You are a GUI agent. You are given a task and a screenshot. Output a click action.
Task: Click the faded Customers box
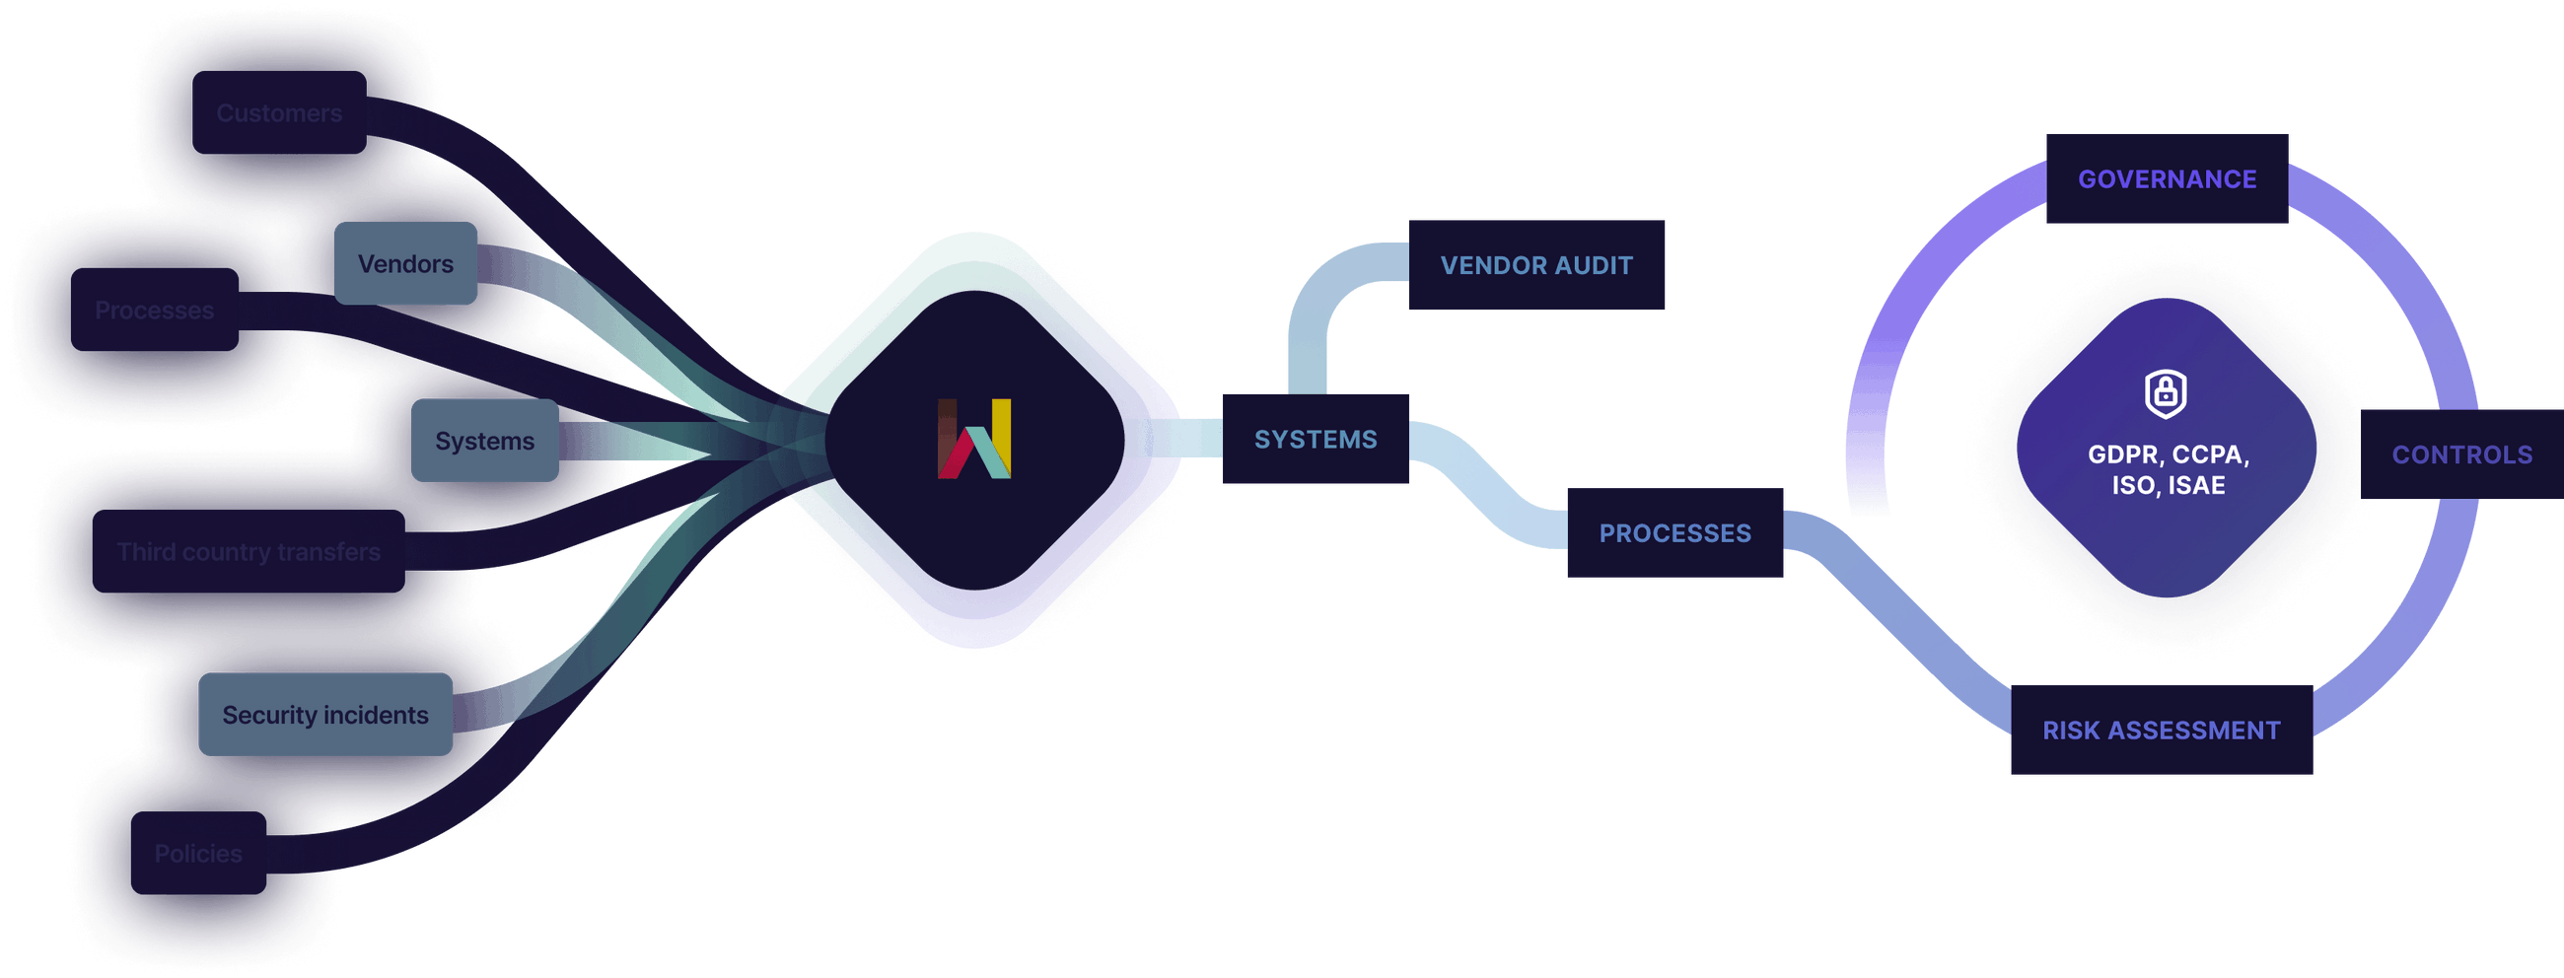pyautogui.click(x=280, y=113)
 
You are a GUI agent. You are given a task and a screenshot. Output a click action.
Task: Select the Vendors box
pyautogui.click(x=405, y=263)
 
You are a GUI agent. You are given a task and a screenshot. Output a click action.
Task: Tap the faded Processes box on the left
pyautogui.click(x=154, y=311)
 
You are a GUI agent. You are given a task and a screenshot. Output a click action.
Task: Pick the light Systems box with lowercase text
pyautogui.click(x=485, y=441)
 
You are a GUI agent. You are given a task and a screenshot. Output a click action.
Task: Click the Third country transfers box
pyautogui.click(x=249, y=552)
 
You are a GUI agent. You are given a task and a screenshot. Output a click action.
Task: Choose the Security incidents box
pyautogui.click(x=325, y=715)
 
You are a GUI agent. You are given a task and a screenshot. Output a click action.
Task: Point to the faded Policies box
pyautogui.click(x=198, y=854)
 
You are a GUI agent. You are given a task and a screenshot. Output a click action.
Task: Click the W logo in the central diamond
pyautogui.click(x=974, y=439)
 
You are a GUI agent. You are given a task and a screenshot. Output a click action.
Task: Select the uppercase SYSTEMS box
pyautogui.click(x=1315, y=439)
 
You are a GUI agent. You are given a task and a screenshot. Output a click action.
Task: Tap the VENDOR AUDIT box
pyautogui.click(x=1535, y=264)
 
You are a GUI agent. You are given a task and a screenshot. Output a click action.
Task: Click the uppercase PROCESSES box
pyautogui.click(x=1674, y=533)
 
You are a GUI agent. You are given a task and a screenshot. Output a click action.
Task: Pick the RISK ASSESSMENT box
pyautogui.click(x=2161, y=731)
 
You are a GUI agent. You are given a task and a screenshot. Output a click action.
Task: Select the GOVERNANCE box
pyautogui.click(x=2167, y=179)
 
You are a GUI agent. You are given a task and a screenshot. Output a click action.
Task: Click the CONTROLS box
pyautogui.click(x=2461, y=454)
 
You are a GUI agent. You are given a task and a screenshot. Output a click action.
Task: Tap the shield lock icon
pyautogui.click(x=2165, y=393)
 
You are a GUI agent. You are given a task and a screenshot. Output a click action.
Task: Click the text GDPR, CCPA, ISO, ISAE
pyautogui.click(x=2168, y=469)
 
